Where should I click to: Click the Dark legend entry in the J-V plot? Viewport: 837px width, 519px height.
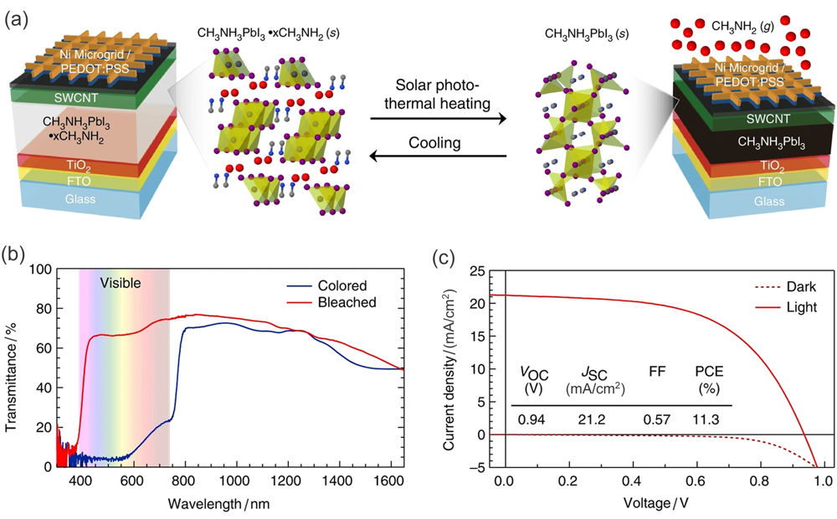pos(801,287)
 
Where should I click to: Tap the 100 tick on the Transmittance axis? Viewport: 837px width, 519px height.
pos(43,270)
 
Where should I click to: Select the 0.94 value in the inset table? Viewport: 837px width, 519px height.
pos(532,419)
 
